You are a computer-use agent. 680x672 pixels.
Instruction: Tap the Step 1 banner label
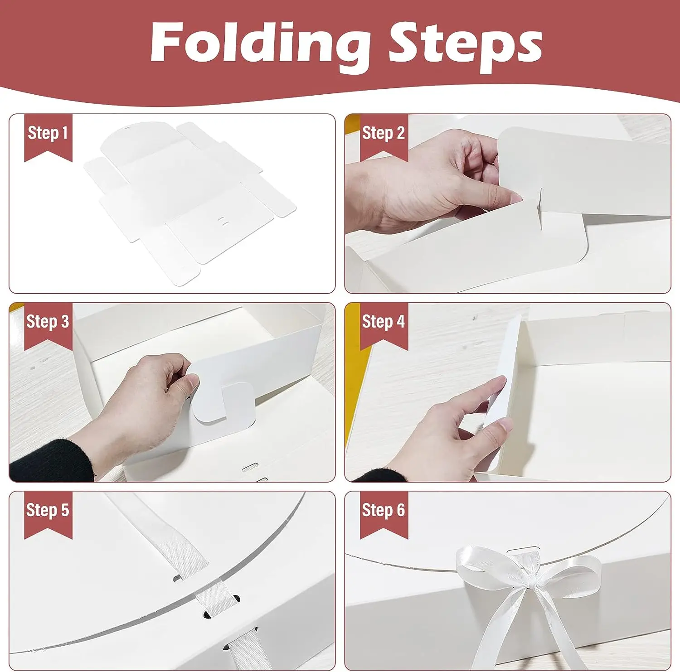tap(48, 134)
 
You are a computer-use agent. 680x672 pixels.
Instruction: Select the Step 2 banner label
tap(384, 134)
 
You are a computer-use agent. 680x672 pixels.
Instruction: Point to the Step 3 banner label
tap(48, 322)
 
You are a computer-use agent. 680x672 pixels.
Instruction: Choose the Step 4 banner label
tap(384, 322)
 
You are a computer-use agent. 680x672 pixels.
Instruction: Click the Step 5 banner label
tap(48, 510)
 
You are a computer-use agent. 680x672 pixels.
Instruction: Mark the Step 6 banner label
tap(384, 510)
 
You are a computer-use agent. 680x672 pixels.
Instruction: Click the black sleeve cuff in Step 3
tap(45, 462)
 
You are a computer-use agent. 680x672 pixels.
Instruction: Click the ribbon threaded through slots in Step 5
tap(213, 594)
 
